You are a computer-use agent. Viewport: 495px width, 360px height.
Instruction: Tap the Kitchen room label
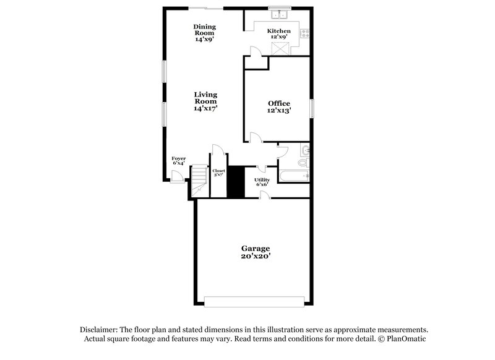[x=278, y=31]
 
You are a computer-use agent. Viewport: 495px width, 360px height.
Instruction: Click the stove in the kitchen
[x=305, y=35]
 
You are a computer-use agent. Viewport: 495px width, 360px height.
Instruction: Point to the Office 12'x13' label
[x=278, y=106]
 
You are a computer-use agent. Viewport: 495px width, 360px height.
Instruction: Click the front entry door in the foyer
[x=176, y=178]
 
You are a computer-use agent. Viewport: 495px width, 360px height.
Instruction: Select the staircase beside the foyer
[x=198, y=181]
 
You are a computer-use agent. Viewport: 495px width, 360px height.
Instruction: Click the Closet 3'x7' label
[x=219, y=173]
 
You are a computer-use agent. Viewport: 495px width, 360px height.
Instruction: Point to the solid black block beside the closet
[x=235, y=182]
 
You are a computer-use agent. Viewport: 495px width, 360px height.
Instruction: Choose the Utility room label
[x=262, y=181]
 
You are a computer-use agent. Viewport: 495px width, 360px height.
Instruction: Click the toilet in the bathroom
[x=301, y=163]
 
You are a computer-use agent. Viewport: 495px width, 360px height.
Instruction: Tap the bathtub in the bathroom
[x=293, y=178]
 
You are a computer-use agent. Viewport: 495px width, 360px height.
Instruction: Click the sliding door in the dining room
[x=207, y=7]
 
